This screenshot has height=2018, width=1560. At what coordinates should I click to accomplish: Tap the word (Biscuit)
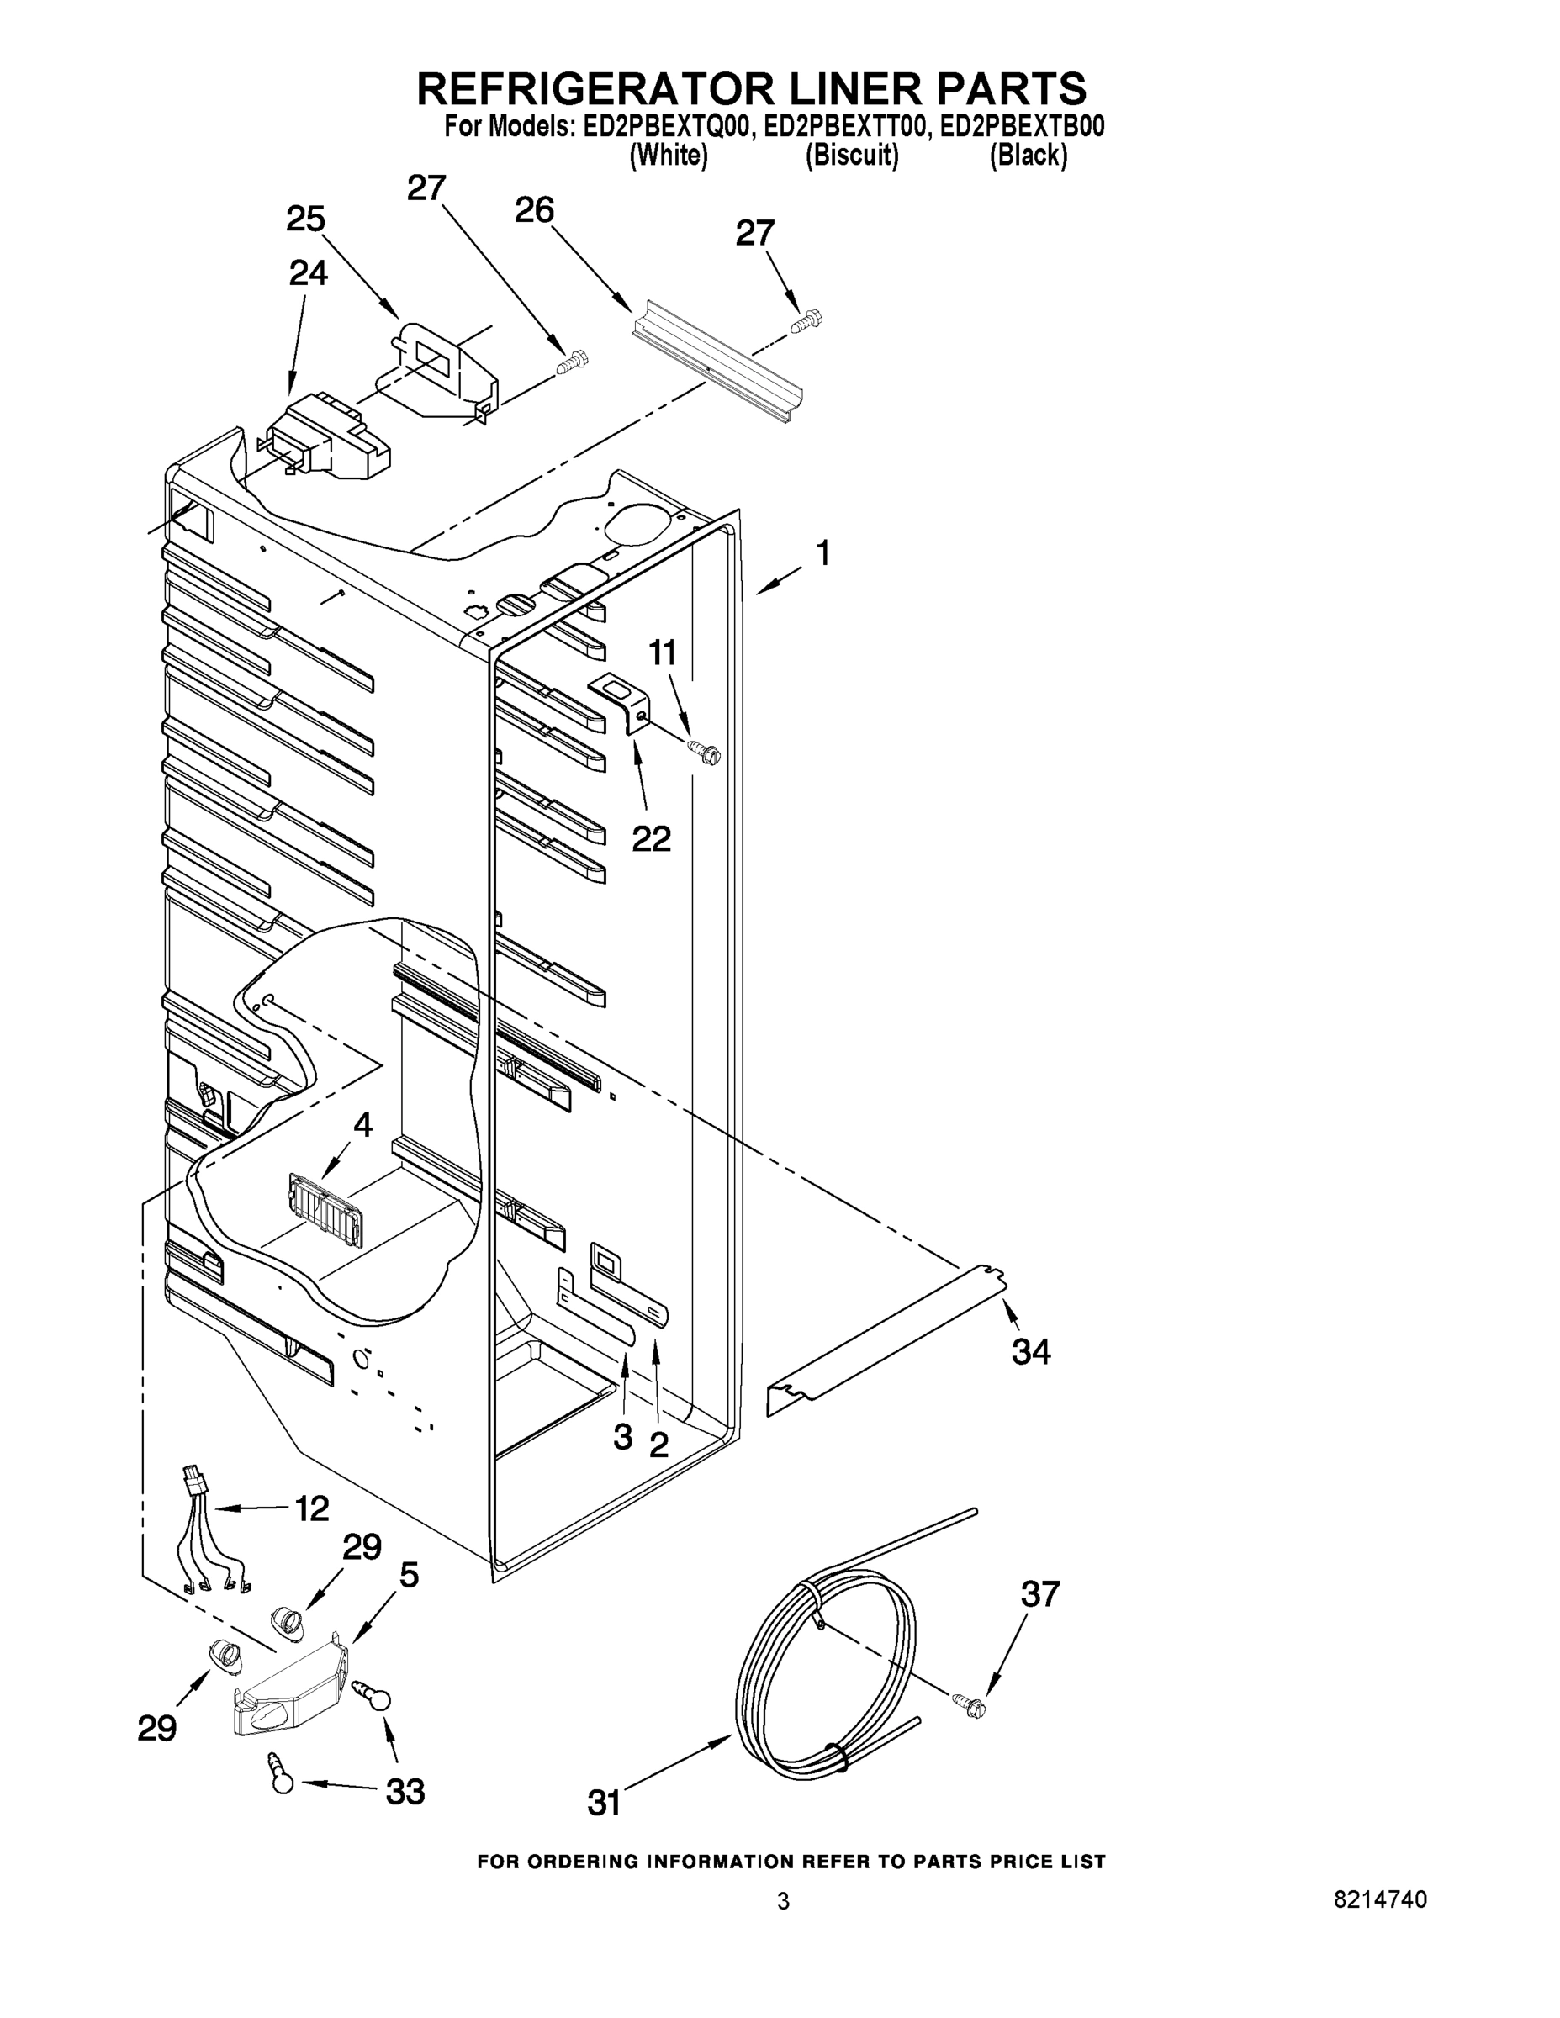(x=851, y=156)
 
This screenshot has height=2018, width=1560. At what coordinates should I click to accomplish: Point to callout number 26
(x=534, y=211)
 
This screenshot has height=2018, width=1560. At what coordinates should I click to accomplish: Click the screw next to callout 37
(x=969, y=1703)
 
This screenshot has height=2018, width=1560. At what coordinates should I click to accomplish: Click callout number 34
(x=1030, y=1352)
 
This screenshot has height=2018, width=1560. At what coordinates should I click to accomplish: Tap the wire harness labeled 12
(x=212, y=1539)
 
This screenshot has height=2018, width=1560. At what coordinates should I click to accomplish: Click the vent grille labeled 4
(x=324, y=1212)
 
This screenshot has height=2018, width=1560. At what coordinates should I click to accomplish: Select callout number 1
(x=822, y=554)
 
